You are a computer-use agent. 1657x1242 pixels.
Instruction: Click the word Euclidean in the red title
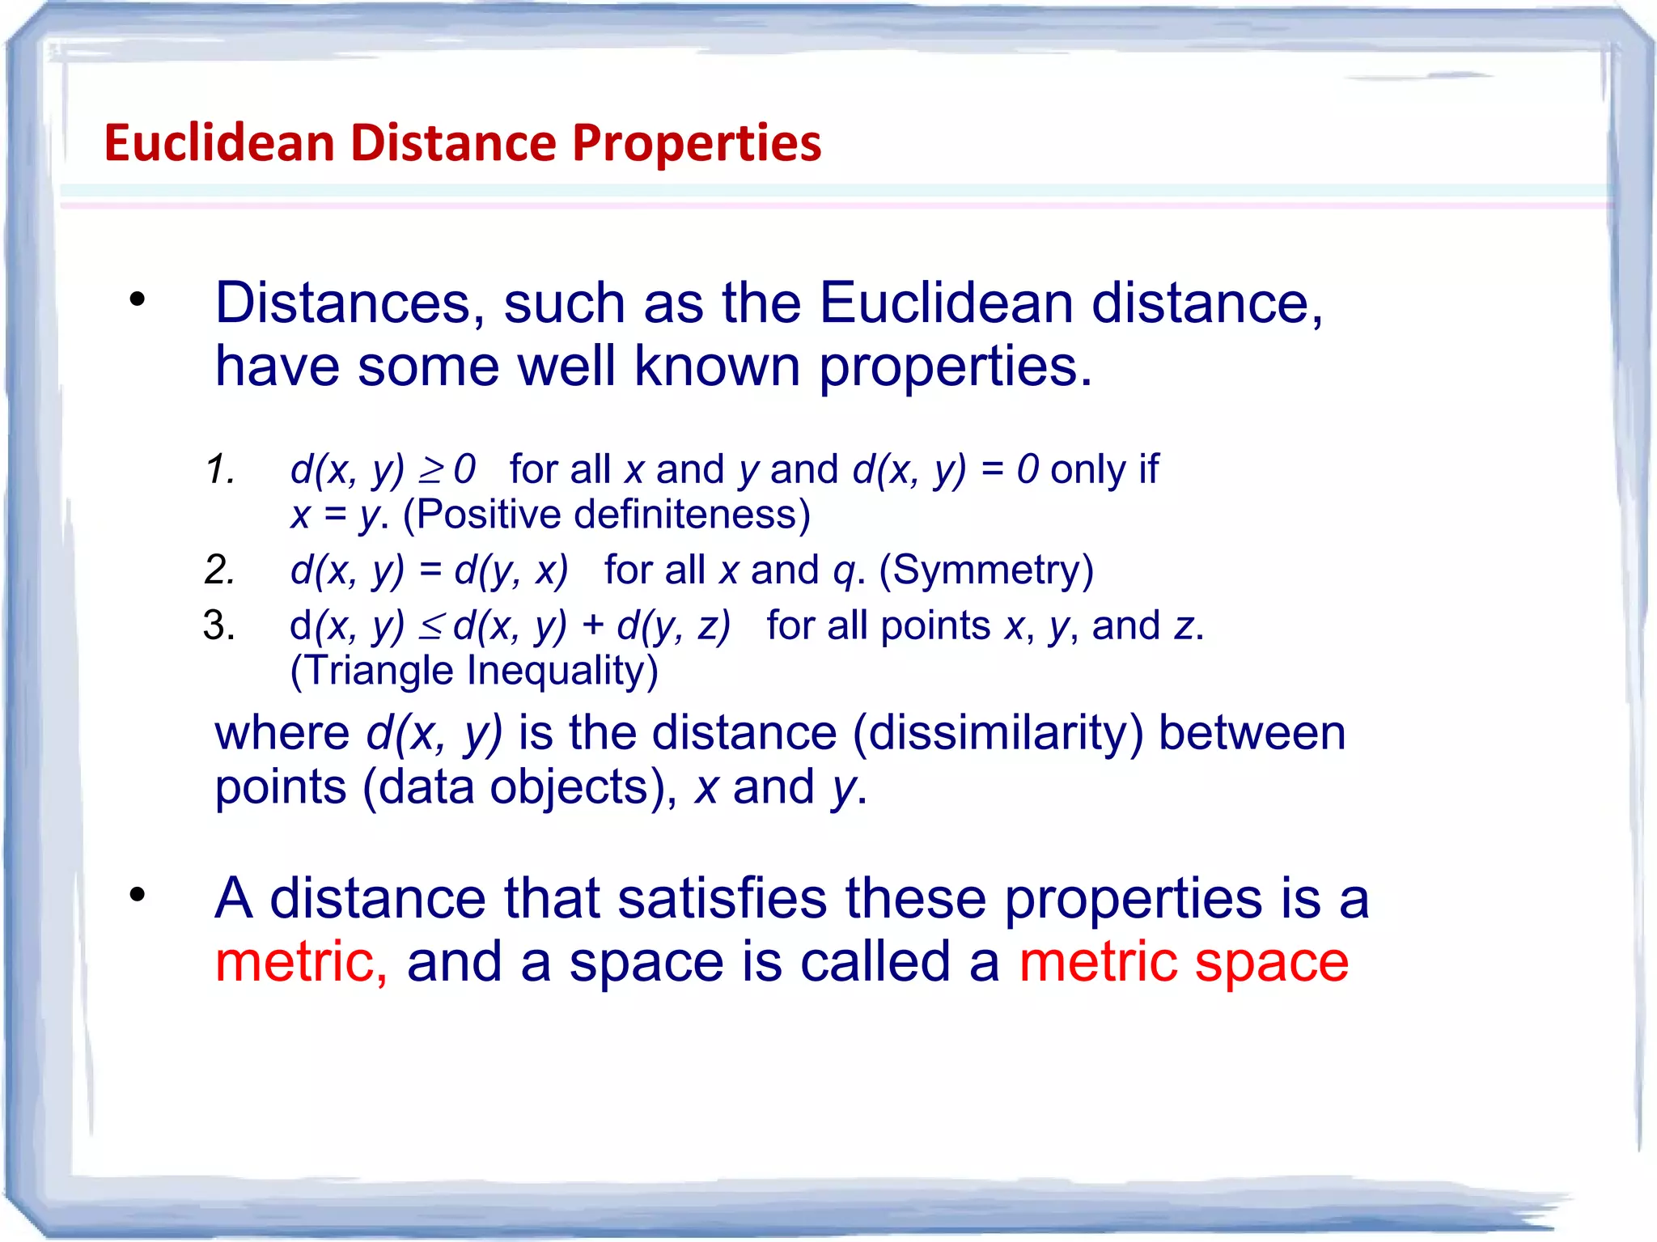click(x=219, y=143)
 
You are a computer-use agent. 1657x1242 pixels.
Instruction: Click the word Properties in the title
click(x=697, y=143)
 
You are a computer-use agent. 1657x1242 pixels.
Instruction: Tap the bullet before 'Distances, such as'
click(x=138, y=299)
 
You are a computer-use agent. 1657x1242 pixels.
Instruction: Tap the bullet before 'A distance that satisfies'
click(x=138, y=895)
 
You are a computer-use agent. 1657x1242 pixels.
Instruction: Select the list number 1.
click(x=219, y=469)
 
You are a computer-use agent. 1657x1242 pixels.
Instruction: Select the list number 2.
click(x=219, y=570)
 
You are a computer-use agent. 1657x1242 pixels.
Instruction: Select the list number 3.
click(x=219, y=625)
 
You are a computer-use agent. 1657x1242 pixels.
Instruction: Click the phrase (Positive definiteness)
click(x=606, y=515)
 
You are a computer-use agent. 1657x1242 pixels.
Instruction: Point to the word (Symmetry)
click(x=986, y=570)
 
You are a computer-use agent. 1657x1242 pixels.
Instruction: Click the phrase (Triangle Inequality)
click(x=474, y=671)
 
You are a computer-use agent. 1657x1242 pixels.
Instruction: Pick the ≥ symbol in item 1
click(x=431, y=469)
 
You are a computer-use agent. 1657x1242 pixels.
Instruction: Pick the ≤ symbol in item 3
click(x=431, y=626)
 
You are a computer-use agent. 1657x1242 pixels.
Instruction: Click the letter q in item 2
click(x=844, y=571)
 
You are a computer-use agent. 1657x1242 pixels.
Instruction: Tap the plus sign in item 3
click(x=592, y=626)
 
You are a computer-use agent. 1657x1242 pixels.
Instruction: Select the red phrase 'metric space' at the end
click(x=1183, y=962)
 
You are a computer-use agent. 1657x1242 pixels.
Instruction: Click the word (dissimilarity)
click(x=998, y=733)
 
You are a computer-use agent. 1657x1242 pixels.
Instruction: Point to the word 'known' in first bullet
click(x=716, y=366)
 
